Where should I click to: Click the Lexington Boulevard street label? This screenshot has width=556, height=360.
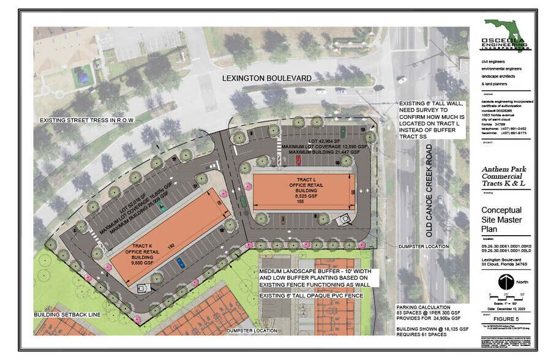click(267, 78)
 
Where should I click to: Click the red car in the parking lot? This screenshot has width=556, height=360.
click(298, 161)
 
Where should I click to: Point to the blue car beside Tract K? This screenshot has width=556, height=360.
click(180, 263)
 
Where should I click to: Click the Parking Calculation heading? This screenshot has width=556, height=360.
click(424, 307)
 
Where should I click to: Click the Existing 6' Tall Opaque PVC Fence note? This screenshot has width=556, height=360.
click(312, 296)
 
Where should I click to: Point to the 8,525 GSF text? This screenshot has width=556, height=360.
click(301, 195)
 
